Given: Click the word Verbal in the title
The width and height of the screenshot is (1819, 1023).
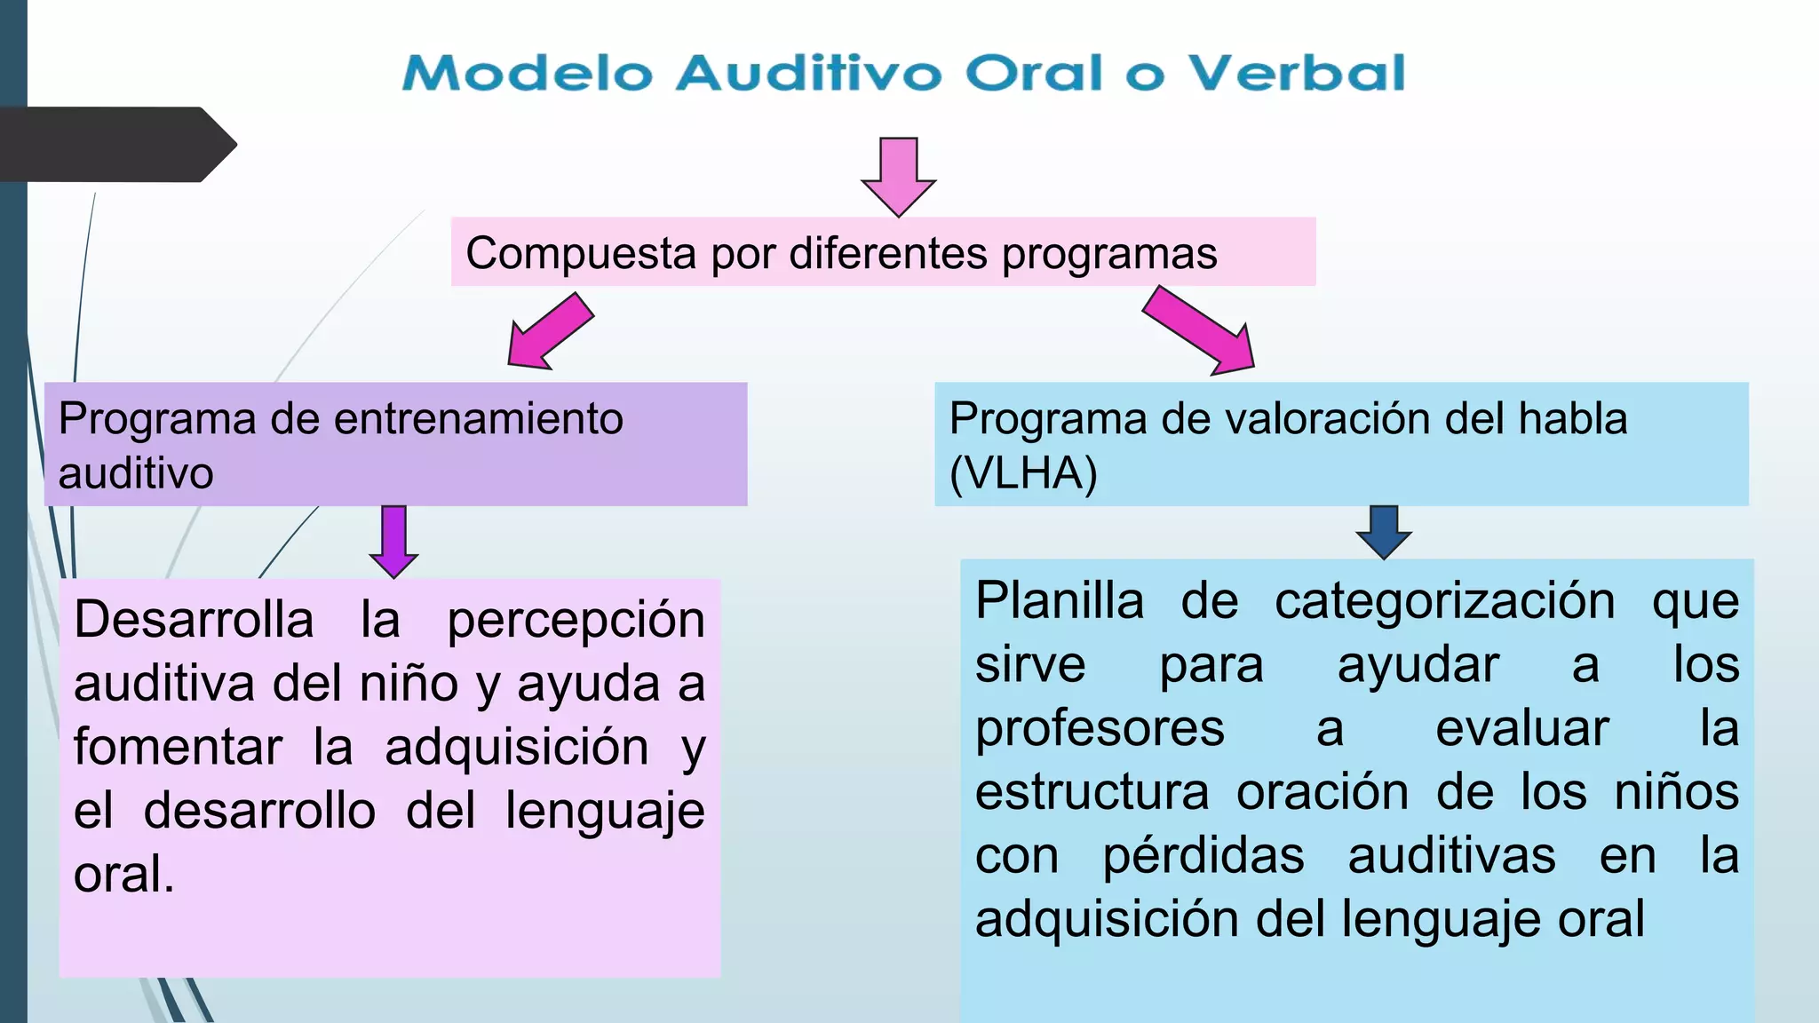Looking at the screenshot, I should click(1297, 73).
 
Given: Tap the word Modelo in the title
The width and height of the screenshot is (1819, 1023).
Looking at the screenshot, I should click(528, 73).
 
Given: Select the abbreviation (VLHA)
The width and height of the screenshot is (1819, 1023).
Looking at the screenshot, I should click(1023, 473).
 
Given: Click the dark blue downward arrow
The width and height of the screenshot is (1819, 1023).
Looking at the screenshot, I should click(1384, 531).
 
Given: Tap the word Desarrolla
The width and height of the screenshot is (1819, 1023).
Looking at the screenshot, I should click(194, 619).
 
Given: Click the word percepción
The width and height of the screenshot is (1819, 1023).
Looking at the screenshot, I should click(576, 621).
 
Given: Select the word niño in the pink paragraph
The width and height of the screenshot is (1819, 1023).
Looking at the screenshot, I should click(409, 684).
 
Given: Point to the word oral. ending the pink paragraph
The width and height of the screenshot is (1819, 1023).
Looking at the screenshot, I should click(124, 875).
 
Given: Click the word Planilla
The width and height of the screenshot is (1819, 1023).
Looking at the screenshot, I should click(1060, 600).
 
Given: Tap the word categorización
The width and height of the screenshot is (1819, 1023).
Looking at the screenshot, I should click(1444, 602).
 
